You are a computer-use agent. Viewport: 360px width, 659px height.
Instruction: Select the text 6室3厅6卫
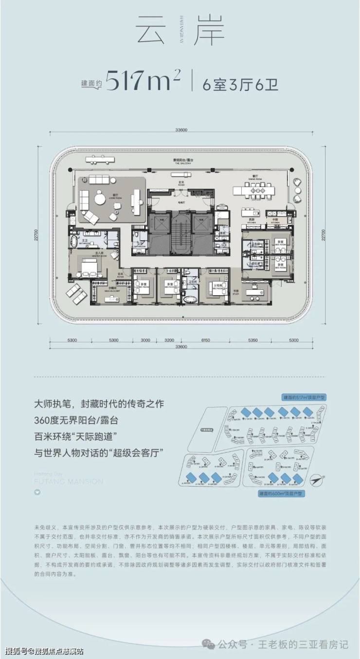(241, 81)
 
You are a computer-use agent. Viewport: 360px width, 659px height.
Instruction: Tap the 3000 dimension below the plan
(145, 340)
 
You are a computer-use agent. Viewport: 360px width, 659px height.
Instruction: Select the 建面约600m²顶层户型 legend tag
(282, 493)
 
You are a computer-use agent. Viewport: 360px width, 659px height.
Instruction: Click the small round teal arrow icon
(36, 492)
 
